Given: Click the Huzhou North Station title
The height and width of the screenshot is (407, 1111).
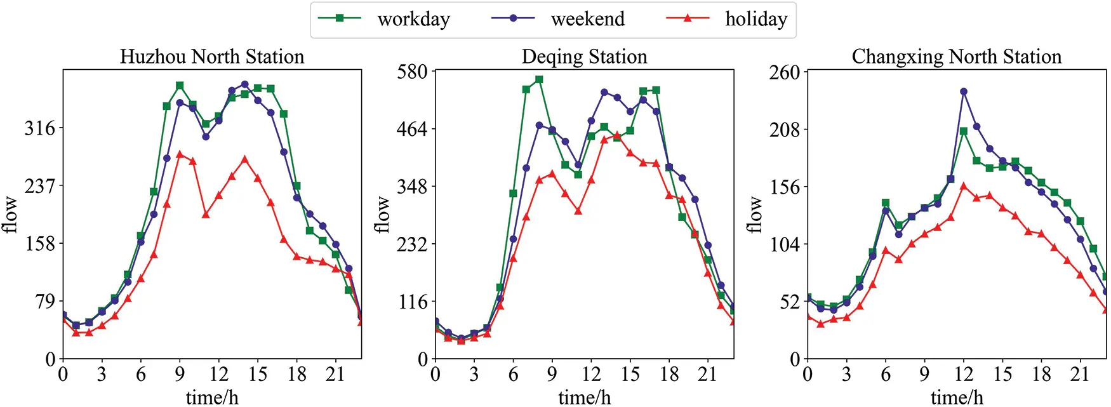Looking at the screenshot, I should pos(212,57).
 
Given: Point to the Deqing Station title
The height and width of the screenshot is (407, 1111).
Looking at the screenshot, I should pos(584,57).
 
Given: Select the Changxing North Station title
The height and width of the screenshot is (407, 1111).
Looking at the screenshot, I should pos(956,57).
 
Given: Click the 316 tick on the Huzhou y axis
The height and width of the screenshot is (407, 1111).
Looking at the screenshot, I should pos(40,128).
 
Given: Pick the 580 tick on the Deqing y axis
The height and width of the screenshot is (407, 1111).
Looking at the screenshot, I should pos(412,71).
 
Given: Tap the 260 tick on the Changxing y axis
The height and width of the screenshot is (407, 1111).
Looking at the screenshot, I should pos(785,72).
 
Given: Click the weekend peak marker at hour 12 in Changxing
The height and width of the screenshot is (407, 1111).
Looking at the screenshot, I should pos(964,91).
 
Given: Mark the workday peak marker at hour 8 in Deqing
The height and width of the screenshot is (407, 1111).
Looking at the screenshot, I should pos(539,79).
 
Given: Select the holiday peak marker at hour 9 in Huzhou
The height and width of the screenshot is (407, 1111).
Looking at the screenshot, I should pos(180,154).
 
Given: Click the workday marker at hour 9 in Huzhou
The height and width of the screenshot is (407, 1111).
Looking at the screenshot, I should pos(180,85).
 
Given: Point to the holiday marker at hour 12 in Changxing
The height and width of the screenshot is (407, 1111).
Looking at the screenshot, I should pos(964,186).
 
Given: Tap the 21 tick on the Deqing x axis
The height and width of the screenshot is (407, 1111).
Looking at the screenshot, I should pos(708,375).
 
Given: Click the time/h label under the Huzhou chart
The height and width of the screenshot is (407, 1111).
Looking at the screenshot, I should pos(212,397).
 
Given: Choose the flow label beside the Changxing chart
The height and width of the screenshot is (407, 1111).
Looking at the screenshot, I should pos(754,214).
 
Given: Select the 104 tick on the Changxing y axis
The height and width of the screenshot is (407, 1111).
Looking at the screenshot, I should pos(785,244).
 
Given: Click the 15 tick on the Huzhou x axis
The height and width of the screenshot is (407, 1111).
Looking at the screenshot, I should pos(258,375).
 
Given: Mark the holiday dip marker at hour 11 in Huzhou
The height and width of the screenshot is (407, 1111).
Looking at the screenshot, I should pos(206,215).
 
